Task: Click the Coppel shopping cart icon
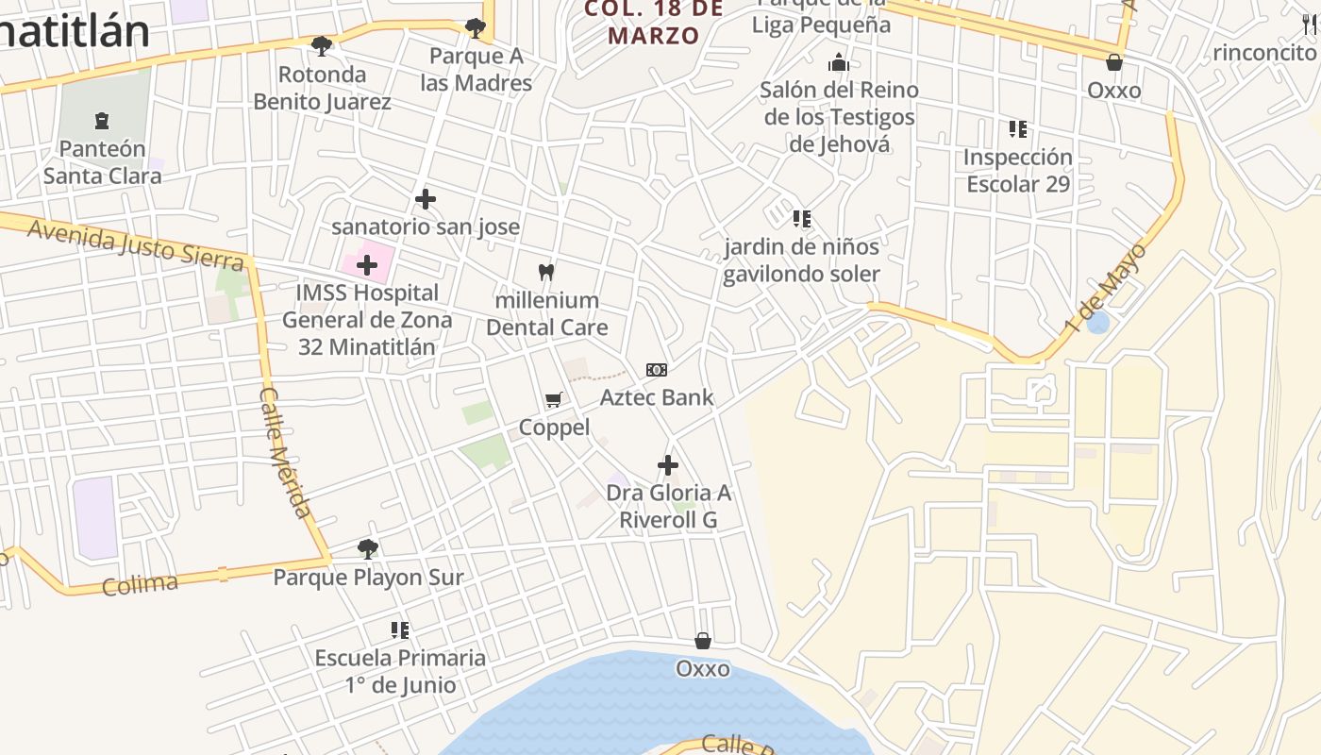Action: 554,400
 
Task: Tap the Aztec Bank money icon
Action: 657,370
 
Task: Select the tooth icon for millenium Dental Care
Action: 545,273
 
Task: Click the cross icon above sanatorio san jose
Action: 426,199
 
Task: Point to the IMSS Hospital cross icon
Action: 367,265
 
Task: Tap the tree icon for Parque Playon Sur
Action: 368,548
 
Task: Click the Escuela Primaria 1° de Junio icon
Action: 400,629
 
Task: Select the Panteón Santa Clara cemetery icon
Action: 102,121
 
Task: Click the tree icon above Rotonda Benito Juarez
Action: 322,45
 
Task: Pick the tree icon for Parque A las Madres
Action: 476,28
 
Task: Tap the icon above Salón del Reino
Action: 839,63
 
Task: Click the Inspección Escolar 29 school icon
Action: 1018,128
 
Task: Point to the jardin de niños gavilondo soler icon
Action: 802,219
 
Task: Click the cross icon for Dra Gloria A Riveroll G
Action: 668,465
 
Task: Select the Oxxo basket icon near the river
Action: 703,641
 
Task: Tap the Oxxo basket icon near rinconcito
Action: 1114,62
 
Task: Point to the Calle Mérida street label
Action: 285,452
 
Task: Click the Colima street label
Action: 140,584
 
